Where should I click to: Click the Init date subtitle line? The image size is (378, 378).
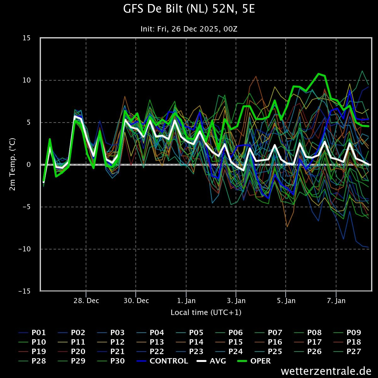189,29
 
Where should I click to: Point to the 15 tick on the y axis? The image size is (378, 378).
26,38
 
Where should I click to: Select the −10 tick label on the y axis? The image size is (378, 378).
25,249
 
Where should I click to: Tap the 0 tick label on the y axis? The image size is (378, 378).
29,164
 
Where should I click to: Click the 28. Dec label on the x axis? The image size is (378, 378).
86,301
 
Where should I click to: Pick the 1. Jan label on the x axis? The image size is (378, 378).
186,301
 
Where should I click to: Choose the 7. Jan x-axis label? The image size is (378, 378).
336,301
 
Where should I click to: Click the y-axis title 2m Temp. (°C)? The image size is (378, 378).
12,164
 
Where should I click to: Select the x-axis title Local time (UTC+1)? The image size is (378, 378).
206,312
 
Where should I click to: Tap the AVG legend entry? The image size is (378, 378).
211,361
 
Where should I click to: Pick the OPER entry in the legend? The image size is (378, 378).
254,361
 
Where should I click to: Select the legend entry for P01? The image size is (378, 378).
32,333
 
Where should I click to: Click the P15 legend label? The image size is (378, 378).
229,342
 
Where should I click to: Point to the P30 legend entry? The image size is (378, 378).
111,361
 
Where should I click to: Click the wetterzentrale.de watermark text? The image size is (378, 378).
326,371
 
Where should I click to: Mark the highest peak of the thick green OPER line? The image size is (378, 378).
318,74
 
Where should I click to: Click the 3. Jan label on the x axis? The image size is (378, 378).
236,301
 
